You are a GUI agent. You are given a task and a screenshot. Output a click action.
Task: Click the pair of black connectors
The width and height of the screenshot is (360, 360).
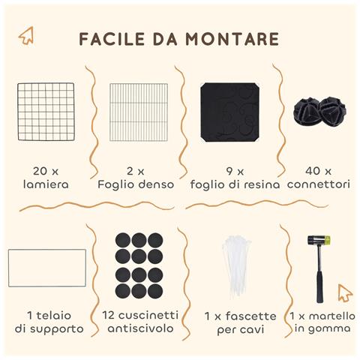(x=319, y=112)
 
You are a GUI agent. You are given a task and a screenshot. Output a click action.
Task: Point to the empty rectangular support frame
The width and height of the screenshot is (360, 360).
(x=46, y=268)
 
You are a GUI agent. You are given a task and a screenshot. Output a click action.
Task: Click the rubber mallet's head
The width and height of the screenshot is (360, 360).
(x=319, y=241)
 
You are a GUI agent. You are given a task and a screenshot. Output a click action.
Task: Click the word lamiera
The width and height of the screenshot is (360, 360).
(x=46, y=183)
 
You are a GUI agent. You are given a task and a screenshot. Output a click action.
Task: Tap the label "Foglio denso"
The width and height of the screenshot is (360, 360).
(x=136, y=183)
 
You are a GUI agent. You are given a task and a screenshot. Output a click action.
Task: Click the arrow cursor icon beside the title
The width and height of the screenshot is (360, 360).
(x=26, y=35)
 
